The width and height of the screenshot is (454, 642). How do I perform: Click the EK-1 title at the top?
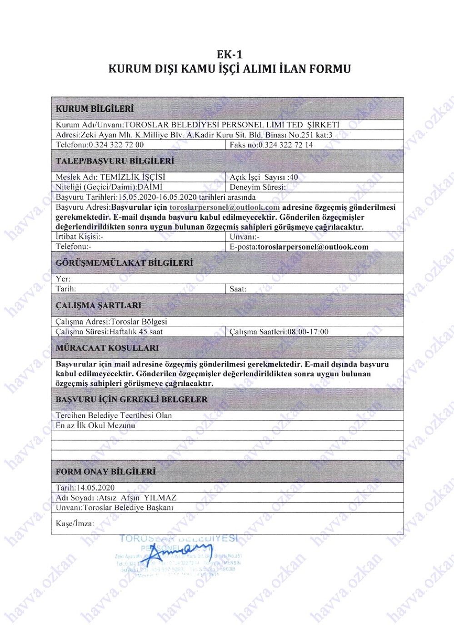[x=229, y=54]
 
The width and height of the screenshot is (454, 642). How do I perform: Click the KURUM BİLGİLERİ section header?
[x=95, y=109]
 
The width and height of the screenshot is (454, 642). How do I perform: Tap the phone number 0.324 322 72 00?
[x=116, y=145]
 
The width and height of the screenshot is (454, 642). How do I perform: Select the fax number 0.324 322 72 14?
[x=285, y=145]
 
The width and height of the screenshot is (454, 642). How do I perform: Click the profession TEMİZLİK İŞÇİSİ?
[x=133, y=177]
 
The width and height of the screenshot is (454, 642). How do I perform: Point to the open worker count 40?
[x=294, y=177]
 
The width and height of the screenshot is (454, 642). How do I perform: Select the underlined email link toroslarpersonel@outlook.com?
[x=225, y=207]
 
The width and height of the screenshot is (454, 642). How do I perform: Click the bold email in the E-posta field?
[x=313, y=247]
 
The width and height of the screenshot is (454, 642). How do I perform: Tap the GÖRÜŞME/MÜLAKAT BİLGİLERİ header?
[x=124, y=263]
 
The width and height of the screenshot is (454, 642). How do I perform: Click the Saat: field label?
[x=238, y=289]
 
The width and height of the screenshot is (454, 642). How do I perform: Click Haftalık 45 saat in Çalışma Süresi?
[x=136, y=332]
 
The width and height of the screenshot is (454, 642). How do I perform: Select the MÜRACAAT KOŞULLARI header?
[x=107, y=348]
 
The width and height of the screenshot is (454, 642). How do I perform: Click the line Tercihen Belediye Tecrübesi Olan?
[x=114, y=415]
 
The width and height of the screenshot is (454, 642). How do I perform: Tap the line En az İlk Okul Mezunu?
[x=95, y=425]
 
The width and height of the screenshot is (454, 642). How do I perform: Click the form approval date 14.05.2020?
[x=95, y=488]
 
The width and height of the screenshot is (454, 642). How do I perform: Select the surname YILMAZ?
[x=160, y=498]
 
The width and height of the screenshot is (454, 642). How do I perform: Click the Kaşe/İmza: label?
[x=75, y=523]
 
